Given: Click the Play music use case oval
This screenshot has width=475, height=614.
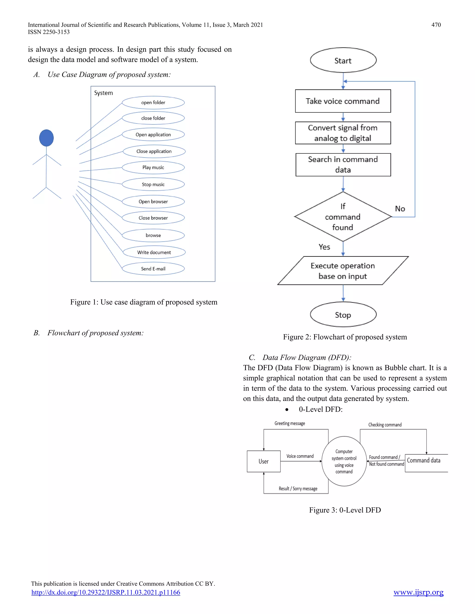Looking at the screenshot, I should (153, 168).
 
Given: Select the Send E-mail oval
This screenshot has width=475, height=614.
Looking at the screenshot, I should (153, 269).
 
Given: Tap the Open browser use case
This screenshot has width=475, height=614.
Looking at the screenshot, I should (153, 202).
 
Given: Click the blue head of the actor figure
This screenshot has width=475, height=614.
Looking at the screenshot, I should (46, 138).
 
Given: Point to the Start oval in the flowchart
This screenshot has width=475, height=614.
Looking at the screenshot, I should (343, 60).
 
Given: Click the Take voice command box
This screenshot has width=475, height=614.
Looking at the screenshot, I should (343, 101).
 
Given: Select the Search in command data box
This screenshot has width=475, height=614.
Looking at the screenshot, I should (343, 165).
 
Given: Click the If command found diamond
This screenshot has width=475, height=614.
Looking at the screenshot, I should (343, 217).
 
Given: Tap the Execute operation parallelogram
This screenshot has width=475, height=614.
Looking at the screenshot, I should (343, 271).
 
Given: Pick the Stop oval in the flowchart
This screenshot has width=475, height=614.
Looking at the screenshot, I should (343, 315).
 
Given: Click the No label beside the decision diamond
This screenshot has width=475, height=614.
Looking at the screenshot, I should (400, 209).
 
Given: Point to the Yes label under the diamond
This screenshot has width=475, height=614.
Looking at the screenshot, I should (324, 247).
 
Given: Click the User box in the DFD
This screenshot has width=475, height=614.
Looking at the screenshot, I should (263, 461).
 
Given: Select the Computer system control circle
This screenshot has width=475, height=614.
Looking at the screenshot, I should (344, 461).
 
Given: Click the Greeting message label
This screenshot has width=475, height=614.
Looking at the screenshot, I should (289, 423).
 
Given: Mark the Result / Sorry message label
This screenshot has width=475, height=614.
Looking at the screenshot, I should (298, 489).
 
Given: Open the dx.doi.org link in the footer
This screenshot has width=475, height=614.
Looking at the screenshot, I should (106, 592).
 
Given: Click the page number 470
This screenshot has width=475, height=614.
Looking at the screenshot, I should (436, 25).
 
